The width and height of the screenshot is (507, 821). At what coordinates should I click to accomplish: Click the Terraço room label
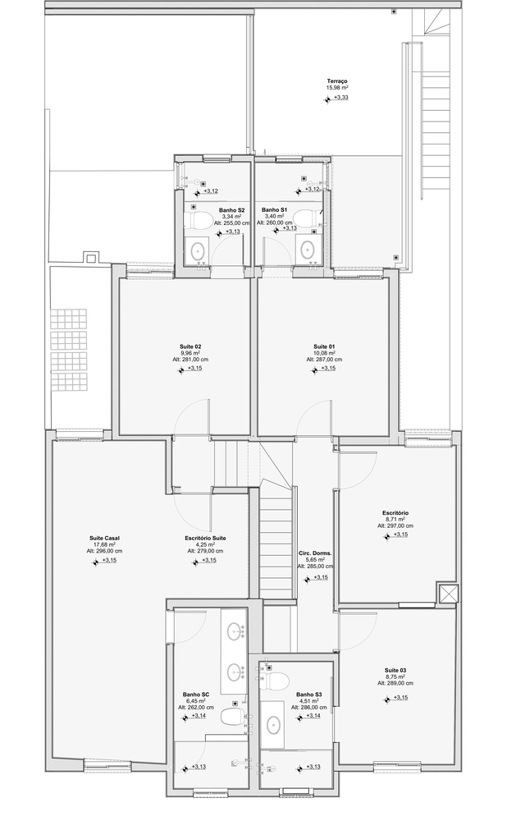pos(337,81)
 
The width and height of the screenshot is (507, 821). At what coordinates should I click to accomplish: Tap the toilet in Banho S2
pos(199,220)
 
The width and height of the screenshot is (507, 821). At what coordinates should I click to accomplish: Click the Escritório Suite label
pos(205,539)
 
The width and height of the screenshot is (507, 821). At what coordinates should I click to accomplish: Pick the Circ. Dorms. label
pos(315,553)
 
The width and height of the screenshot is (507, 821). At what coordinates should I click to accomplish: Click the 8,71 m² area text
pos(395,520)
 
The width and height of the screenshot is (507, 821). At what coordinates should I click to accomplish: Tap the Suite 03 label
pos(395,670)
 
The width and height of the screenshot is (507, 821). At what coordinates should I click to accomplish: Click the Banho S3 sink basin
pos(272,725)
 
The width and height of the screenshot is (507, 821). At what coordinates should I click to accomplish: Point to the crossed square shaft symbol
pos(448,594)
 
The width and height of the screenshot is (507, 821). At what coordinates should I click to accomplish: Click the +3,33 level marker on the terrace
pos(340,98)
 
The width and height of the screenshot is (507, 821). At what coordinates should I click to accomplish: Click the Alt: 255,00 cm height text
pos(231,222)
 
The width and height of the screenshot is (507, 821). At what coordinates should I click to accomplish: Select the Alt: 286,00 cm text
pos(308,707)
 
